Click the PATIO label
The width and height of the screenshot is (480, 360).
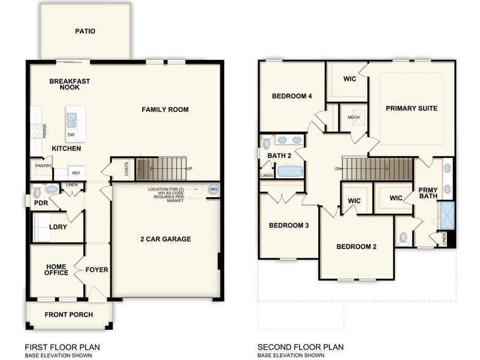[x=85, y=31]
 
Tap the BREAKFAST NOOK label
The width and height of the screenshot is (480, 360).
[x=70, y=84]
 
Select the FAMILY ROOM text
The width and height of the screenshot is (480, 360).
[x=165, y=110]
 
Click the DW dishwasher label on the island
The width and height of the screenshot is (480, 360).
[x=71, y=135]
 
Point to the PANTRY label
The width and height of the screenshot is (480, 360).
[x=43, y=165]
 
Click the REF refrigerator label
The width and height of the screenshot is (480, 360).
[x=77, y=173]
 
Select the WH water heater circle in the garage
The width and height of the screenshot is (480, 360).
[x=213, y=189]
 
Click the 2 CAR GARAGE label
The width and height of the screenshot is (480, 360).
[x=165, y=239]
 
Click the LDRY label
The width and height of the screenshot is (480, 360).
[x=58, y=227]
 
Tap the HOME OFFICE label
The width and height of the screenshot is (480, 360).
[x=56, y=270]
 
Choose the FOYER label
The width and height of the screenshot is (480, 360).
[x=97, y=270]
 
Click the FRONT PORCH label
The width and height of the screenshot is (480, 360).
[x=69, y=315]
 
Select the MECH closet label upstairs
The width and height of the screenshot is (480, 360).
[x=353, y=117]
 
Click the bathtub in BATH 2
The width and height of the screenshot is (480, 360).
[x=290, y=170]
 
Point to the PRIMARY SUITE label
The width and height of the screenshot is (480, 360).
[x=411, y=108]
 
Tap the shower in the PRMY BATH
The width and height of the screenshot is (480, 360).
[x=447, y=215]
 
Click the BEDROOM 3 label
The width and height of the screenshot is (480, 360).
[x=288, y=225]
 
